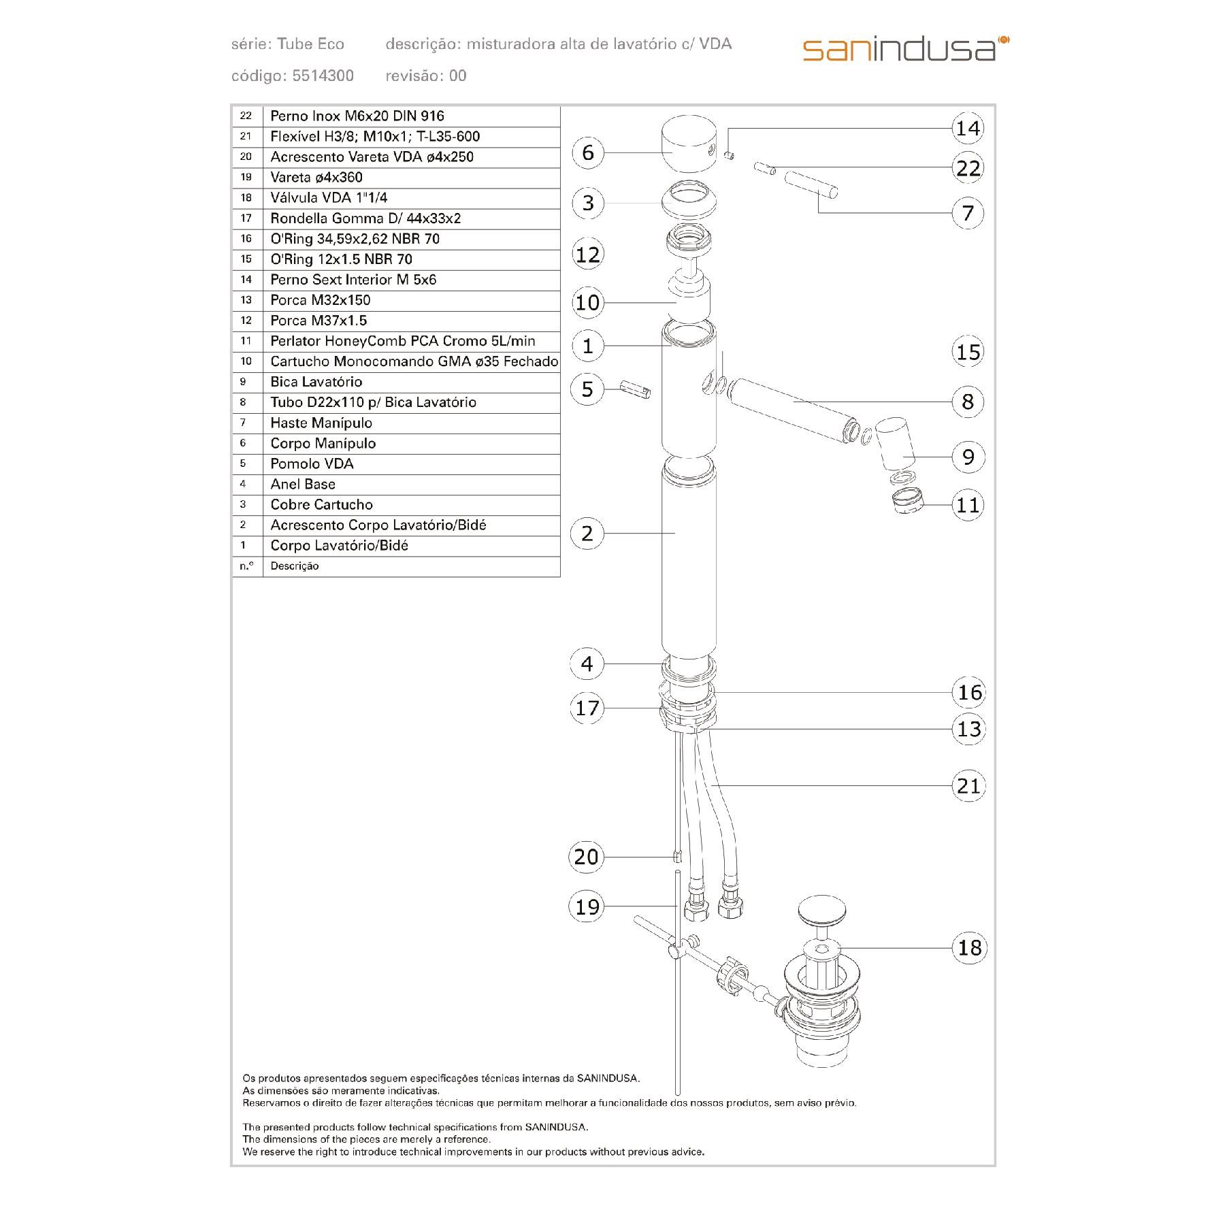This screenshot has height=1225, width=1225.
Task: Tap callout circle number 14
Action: (x=968, y=128)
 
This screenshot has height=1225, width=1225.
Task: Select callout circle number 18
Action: (x=969, y=947)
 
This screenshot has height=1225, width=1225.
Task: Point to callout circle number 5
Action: (x=587, y=389)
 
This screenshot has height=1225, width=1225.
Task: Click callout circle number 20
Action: (x=586, y=856)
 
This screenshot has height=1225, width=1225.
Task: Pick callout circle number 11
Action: (x=968, y=505)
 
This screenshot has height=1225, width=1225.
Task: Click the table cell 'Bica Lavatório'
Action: (x=316, y=382)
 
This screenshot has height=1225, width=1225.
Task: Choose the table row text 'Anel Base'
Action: (x=303, y=484)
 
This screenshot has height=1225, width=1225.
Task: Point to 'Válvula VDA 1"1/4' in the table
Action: (x=329, y=197)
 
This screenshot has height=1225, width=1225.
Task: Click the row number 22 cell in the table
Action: (x=246, y=116)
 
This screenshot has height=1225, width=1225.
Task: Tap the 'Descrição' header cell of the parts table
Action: (x=295, y=566)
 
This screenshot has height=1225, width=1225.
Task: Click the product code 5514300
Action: (x=323, y=76)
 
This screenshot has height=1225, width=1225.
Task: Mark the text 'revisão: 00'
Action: (x=426, y=76)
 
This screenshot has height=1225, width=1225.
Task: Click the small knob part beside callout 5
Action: (x=637, y=391)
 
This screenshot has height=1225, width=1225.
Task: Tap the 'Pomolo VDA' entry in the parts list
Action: (x=312, y=463)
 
